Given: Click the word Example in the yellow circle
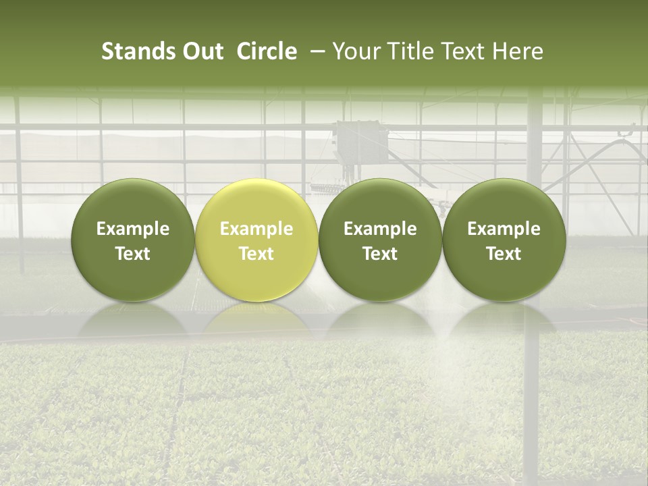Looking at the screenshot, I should [256, 229].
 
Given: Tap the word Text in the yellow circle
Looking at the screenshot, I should [256, 254].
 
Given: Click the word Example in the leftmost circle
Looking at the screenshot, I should [133, 229].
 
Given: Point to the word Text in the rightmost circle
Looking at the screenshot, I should [504, 254].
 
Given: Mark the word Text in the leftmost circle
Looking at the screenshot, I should [133, 254].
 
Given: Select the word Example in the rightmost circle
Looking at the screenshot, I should [504, 229].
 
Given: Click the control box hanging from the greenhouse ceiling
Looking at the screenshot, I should [358, 142].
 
